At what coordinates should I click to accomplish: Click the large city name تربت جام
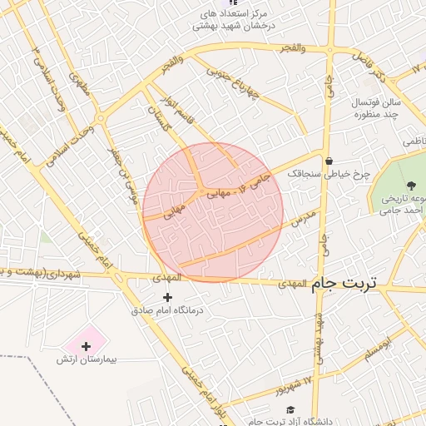(x=344, y=284)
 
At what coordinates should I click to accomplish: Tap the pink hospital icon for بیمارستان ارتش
(x=86, y=345)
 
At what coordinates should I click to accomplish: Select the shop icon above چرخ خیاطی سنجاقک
(x=329, y=161)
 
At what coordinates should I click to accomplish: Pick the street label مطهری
(x=81, y=85)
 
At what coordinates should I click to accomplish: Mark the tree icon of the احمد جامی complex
(x=409, y=185)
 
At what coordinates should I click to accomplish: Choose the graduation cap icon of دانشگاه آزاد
(x=290, y=409)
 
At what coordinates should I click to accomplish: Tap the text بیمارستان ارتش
(x=89, y=360)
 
